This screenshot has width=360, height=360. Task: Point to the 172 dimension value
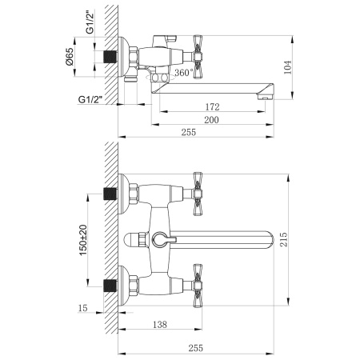click(x=211, y=106)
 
